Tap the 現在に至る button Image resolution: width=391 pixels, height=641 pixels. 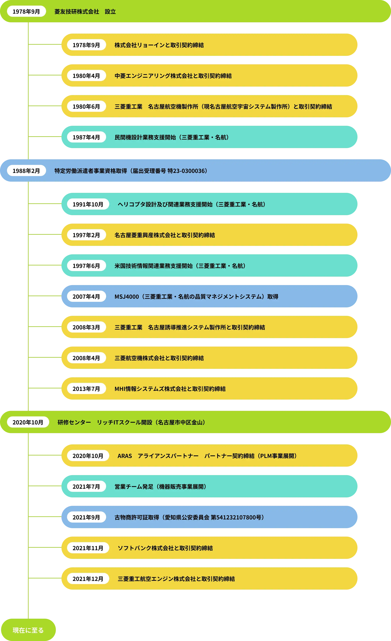coord(28,630)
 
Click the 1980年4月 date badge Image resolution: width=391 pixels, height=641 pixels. coord(86,76)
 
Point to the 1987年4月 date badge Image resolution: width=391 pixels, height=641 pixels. coord(86,137)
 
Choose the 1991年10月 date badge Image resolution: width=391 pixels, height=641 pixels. coord(88,204)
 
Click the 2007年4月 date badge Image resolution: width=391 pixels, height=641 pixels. coord(86,296)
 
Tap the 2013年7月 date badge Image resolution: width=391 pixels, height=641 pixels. coord(86,389)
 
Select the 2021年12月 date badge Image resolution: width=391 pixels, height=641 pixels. coord(88,579)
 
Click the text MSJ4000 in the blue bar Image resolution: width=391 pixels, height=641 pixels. coord(127,297)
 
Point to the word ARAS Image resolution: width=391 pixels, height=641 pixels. coord(125,456)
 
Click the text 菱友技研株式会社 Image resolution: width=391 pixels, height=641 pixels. coord(77,12)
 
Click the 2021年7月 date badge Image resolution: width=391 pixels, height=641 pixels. coord(86,486)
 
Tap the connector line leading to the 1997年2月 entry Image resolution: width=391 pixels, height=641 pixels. coord(45,234)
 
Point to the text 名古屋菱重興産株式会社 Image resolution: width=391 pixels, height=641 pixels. coord(145,235)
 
